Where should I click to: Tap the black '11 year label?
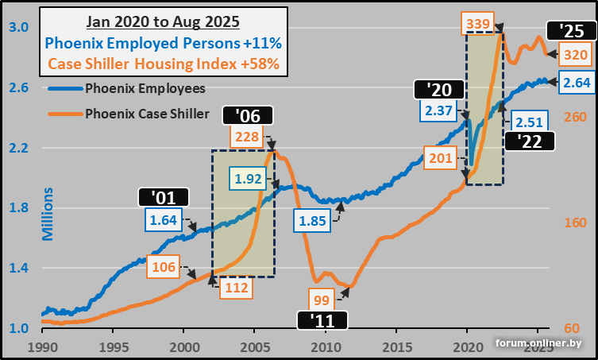pos(322,320)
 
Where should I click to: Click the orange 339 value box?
pos(478,24)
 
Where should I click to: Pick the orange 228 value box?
pos(247,137)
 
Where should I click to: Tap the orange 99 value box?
pos(321,299)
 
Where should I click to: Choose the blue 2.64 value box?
pos(574,82)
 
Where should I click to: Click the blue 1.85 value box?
pos(314,221)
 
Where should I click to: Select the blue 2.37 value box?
pos(438,110)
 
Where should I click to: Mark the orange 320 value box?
pos(574,55)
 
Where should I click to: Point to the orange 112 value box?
pos(236,288)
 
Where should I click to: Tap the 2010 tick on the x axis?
pos(325,349)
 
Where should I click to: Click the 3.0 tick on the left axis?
pos(19,28)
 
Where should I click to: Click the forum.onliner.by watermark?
pos(538,343)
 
